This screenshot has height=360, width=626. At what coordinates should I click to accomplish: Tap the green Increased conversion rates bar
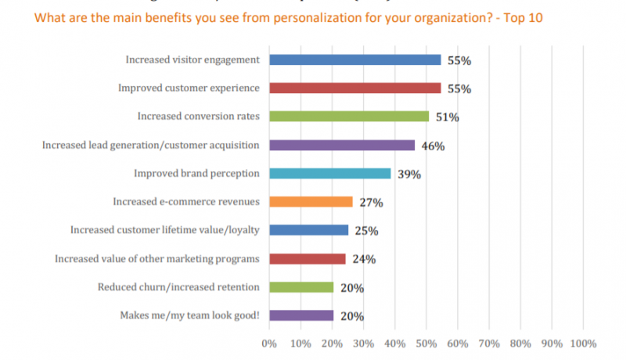[349, 116]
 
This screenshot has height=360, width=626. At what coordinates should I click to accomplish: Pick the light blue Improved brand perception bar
[329, 173]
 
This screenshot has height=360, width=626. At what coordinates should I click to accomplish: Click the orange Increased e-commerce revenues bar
[311, 201]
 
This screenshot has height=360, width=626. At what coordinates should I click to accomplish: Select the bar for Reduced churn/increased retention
[300, 286]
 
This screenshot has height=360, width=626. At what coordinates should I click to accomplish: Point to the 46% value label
[433, 146]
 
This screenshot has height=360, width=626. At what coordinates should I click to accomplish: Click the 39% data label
[408, 174]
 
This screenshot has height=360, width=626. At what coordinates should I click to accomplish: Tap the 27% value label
[371, 203]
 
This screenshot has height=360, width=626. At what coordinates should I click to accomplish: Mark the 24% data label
[363, 259]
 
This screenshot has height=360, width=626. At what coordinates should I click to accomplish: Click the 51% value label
[447, 117]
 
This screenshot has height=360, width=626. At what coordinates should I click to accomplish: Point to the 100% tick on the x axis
[583, 343]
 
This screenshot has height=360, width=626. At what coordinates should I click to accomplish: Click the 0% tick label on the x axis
[269, 343]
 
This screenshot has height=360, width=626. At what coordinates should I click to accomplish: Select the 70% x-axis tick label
[489, 343]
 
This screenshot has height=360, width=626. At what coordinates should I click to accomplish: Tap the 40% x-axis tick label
[395, 343]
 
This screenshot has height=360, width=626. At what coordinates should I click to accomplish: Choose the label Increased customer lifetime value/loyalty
[164, 229]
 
